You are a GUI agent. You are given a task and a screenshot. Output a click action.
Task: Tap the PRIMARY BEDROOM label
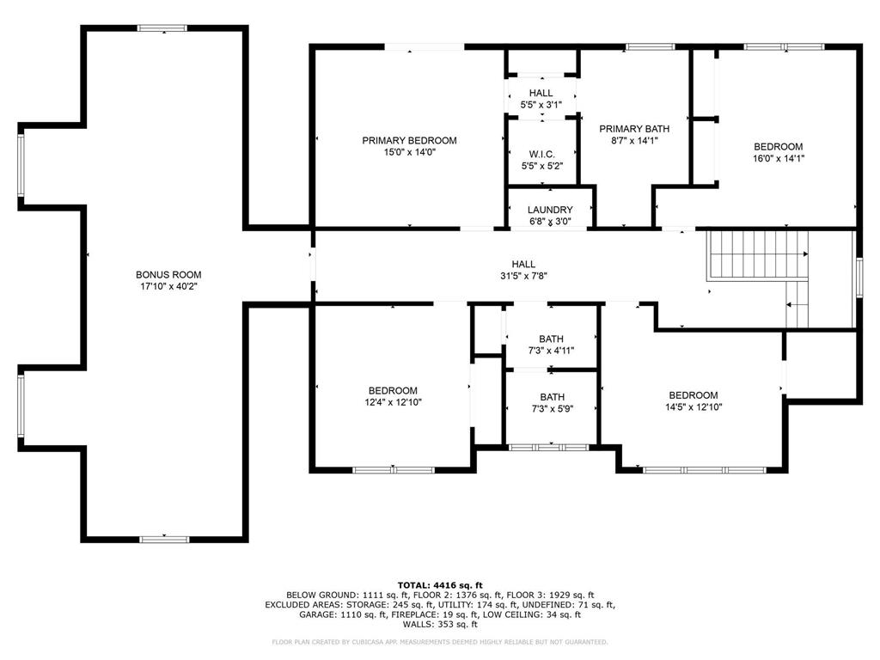(x=409, y=141)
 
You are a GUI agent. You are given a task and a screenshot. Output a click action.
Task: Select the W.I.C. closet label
(x=541, y=154)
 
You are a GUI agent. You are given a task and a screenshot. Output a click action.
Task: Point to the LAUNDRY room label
(x=550, y=210)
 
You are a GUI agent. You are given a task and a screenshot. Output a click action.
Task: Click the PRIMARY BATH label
(x=634, y=129)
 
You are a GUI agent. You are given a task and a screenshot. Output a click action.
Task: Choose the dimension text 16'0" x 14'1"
(x=779, y=158)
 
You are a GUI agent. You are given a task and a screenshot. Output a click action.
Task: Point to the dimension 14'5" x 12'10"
(x=693, y=407)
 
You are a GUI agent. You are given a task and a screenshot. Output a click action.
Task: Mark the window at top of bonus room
(x=163, y=28)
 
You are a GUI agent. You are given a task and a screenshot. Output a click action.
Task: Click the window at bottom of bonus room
(x=163, y=539)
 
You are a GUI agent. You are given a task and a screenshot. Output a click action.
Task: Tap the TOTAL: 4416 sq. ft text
(x=440, y=584)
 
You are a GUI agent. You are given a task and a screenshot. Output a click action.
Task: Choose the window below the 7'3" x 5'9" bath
(x=548, y=447)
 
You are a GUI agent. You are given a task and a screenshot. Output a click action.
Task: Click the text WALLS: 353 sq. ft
(x=440, y=625)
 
